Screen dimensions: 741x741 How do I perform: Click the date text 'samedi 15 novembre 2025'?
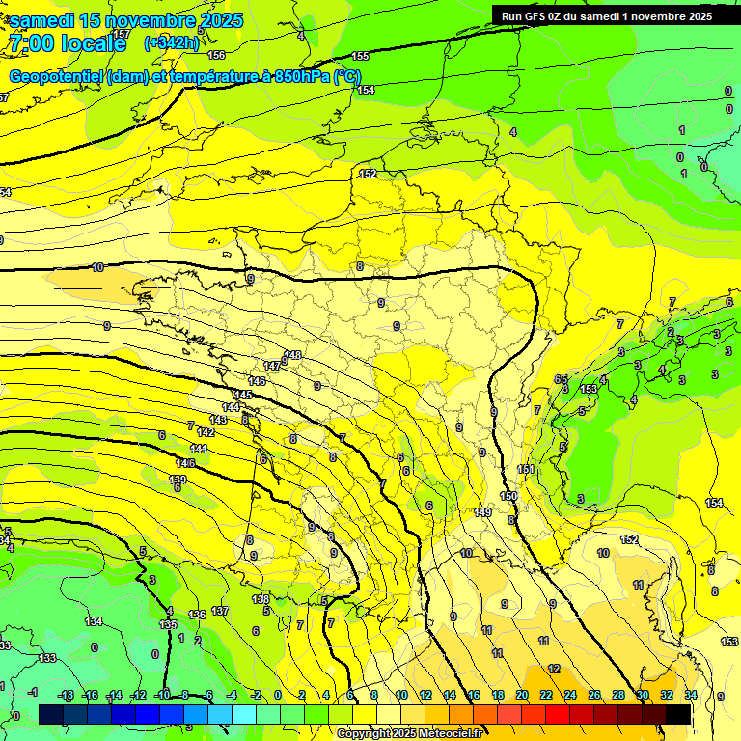[x=125, y=20]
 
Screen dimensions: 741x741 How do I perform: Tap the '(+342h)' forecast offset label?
[x=172, y=42]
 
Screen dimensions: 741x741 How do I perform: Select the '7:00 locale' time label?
[x=68, y=43]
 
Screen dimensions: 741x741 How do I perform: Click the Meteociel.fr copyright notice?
[x=409, y=733]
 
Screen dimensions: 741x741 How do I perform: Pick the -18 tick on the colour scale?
[x=67, y=695]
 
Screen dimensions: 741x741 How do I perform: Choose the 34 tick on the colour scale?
[x=691, y=695]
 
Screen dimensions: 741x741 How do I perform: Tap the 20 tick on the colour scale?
[x=522, y=695]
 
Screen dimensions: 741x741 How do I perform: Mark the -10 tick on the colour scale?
[x=162, y=695]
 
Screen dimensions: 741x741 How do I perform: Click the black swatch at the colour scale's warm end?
[x=678, y=714]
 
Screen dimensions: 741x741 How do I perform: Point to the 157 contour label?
[x=121, y=34]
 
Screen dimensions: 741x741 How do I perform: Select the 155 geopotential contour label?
[x=361, y=56]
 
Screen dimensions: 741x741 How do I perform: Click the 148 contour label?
[x=292, y=355]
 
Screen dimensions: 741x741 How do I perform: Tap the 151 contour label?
[x=526, y=470]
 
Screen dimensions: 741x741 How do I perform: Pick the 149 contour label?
[x=483, y=512]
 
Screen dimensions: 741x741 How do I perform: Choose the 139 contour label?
[x=178, y=480]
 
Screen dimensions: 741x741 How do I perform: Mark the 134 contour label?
[x=94, y=622]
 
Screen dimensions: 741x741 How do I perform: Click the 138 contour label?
[x=261, y=599]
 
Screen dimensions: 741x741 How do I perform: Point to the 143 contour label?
[x=218, y=420]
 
